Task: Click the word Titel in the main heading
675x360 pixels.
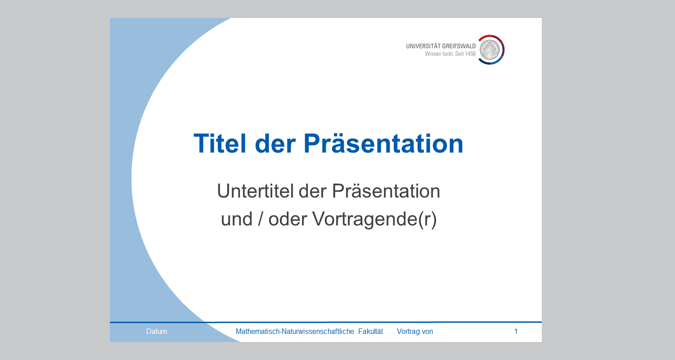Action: click(x=220, y=144)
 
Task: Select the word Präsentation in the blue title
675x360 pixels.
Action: click(x=383, y=144)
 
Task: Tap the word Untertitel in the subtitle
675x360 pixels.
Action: click(x=255, y=191)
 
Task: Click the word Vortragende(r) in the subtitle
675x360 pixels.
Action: click(x=374, y=220)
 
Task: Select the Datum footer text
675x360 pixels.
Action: click(x=157, y=331)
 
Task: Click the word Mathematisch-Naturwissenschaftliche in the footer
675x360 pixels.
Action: click(x=295, y=331)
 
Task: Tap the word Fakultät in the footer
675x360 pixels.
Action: click(x=371, y=331)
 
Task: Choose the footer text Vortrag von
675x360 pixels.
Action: click(x=415, y=331)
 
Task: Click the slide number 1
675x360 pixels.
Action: click(x=516, y=331)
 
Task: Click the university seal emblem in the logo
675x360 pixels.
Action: click(x=490, y=49)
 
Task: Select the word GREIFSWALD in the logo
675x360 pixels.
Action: click(x=459, y=46)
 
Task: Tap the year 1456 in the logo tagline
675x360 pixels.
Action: click(x=470, y=54)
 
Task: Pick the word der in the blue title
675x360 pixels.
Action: click(x=275, y=144)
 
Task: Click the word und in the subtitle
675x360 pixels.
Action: click(x=237, y=219)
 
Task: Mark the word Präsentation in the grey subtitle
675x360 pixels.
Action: click(x=386, y=191)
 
